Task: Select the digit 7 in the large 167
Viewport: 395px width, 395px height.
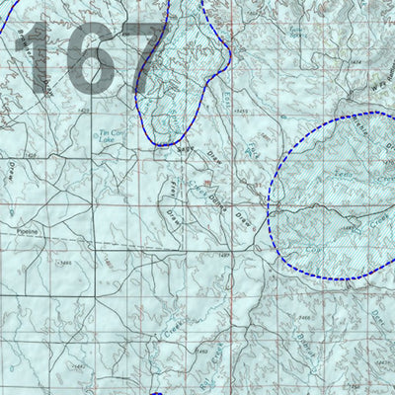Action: coord(138,57)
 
